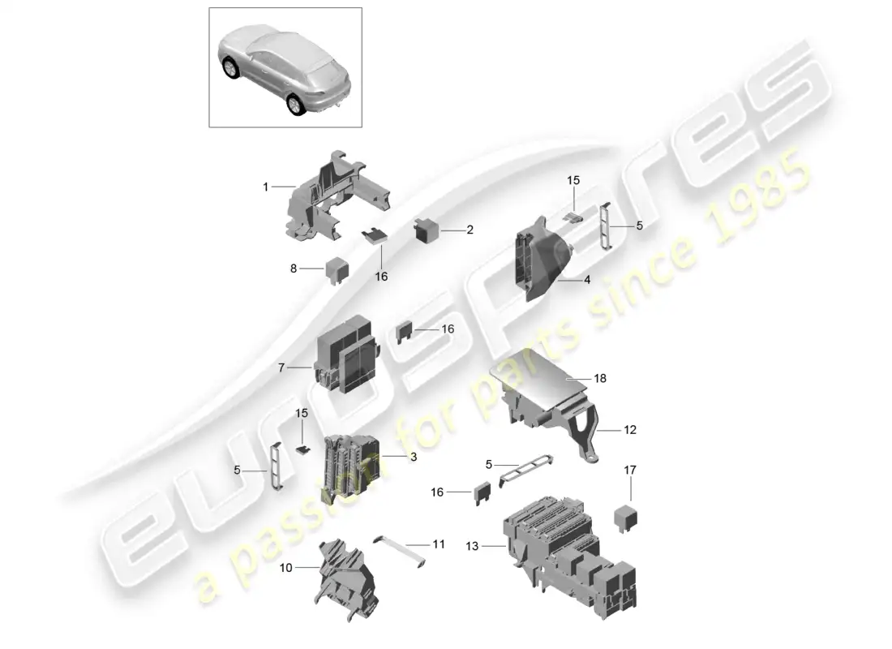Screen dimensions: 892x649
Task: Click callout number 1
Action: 265,187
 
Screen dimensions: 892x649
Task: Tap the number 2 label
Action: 470,230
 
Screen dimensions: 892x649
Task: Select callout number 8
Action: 294,269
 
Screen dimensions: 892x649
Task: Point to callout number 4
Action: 587,280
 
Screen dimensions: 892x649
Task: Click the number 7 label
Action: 281,367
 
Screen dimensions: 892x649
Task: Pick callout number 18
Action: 600,378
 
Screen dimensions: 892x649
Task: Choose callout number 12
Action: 630,430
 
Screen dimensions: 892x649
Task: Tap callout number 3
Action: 414,457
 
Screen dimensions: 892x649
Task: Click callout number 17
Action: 630,471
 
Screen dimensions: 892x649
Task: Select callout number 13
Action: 472,547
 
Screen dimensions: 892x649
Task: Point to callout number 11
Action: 439,544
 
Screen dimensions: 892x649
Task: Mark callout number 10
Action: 285,568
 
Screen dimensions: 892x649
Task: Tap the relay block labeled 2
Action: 427,230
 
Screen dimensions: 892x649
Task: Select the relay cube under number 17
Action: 626,518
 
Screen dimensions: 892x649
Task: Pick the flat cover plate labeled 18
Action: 537,373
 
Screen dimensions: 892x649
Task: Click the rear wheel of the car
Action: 296,105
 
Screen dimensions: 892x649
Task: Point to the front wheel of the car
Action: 232,68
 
